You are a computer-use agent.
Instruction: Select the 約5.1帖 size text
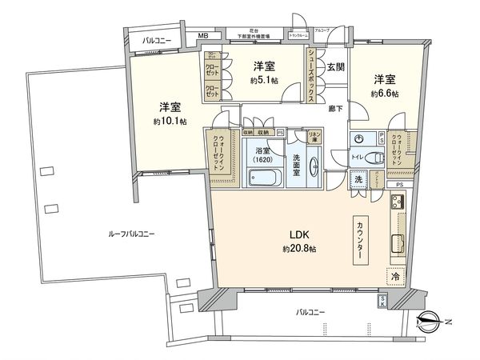tap(264, 82)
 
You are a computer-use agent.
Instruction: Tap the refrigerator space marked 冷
tap(396, 276)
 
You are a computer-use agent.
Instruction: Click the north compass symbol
tap(433, 322)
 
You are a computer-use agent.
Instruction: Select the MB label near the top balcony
tap(202, 37)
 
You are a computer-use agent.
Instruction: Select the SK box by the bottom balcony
tap(382, 301)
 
